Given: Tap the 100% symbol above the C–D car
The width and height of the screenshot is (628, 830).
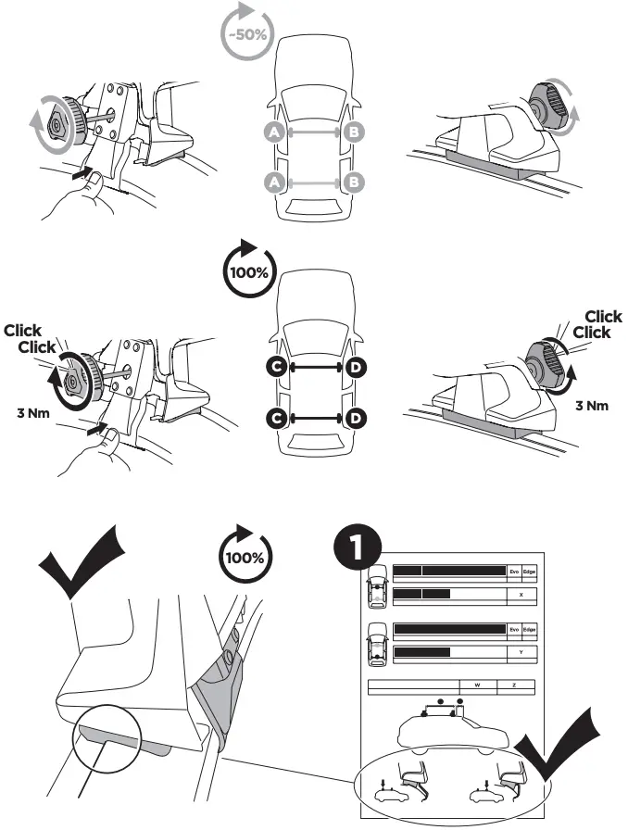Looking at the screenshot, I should point(248,270).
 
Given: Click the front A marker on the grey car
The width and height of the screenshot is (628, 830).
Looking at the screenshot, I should point(273,133).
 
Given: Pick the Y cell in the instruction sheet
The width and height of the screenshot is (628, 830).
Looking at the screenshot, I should point(522,652).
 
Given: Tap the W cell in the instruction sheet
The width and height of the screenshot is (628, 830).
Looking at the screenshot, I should point(477,686).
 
